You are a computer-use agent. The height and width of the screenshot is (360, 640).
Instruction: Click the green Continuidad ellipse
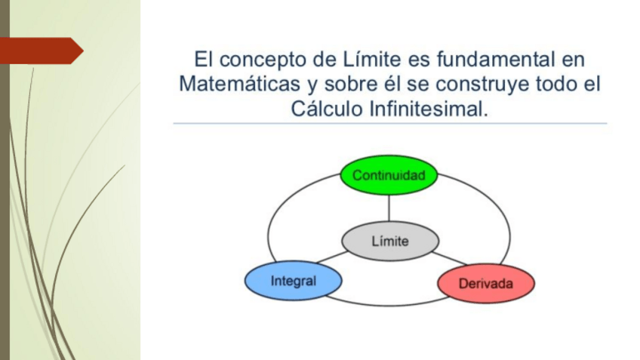pyautogui.click(x=389, y=175)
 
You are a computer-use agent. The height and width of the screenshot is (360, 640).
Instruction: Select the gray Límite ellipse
pyautogui.click(x=390, y=241)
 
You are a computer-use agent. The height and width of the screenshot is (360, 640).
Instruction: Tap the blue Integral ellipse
pyautogui.click(x=293, y=281)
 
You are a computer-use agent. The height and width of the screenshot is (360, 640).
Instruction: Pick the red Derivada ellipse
pyautogui.click(x=486, y=283)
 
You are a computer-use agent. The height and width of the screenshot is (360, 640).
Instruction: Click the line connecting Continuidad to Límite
pyautogui.click(x=389, y=208)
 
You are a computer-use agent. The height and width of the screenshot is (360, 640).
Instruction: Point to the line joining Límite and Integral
pyautogui.click(x=332, y=257)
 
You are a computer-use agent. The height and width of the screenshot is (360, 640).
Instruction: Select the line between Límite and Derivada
pyautogui.click(x=449, y=258)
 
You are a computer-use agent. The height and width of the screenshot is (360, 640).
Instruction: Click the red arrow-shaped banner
pyautogui.click(x=41, y=51)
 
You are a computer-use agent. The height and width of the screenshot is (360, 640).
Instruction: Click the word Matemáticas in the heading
pyautogui.click(x=239, y=84)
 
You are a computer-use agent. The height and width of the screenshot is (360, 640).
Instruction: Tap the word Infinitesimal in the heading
pyautogui.click(x=429, y=109)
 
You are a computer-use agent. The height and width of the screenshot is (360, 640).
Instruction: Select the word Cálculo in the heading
pyautogui.click(x=327, y=109)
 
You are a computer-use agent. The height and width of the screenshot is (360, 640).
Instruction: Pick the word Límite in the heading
pyautogui.click(x=372, y=59)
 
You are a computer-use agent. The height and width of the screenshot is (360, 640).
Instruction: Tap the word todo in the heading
pyautogui.click(x=555, y=84)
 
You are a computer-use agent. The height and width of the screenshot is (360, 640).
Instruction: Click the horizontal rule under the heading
pyautogui.click(x=389, y=123)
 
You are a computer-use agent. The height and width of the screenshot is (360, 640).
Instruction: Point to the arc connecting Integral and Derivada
pyautogui.click(x=389, y=304)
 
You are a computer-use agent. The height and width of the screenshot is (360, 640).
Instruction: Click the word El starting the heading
pyautogui.click(x=204, y=59)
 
